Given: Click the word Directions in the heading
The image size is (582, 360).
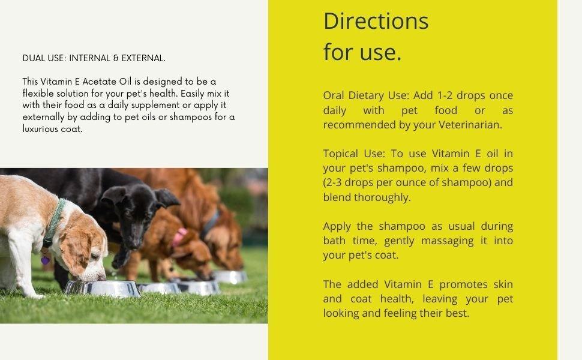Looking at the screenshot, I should pyautogui.click(x=376, y=21).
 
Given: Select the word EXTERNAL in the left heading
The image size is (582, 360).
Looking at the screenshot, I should pyautogui.click(x=143, y=58).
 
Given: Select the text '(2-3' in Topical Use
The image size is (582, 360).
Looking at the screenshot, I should pyautogui.click(x=335, y=182).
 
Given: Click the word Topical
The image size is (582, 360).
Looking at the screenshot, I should pyautogui.click(x=341, y=154).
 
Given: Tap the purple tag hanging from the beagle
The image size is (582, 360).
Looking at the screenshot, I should pyautogui.click(x=45, y=260).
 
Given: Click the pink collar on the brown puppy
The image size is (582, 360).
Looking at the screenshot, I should pyautogui.click(x=179, y=236).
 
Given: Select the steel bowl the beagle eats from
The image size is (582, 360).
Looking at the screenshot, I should pyautogui.click(x=102, y=289).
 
